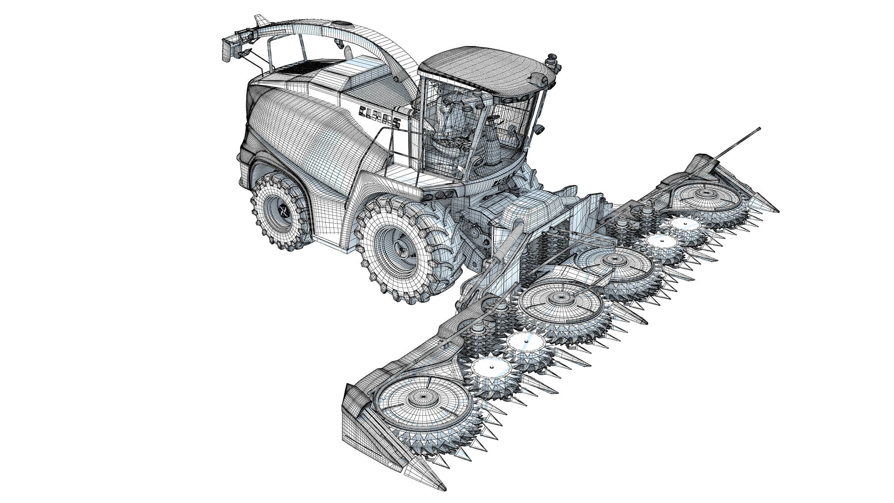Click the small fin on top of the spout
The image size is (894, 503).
pyautogui.click(x=259, y=21)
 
